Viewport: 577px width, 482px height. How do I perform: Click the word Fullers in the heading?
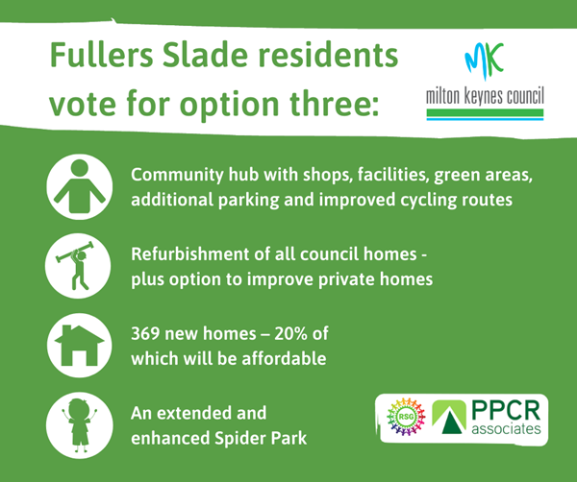101,55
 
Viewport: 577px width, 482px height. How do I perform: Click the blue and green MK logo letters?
484,60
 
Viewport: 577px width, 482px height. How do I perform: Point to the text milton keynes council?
485,96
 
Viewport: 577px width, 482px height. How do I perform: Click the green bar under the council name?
485,112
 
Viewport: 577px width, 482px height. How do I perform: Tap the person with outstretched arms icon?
80,186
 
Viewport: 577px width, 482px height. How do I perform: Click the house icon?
80,346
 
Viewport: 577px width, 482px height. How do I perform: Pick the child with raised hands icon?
80,425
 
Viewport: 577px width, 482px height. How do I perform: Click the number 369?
145,334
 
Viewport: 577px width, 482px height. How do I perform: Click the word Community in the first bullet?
177,176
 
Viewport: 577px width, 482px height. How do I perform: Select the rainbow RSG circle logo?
406,417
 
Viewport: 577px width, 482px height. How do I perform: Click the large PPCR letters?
506,411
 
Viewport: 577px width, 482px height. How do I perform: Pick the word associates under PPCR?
507,429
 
